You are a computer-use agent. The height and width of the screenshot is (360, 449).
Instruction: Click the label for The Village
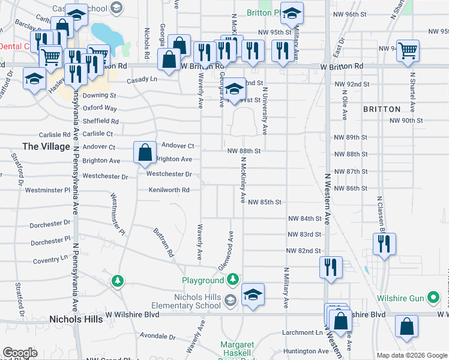tap(46, 146)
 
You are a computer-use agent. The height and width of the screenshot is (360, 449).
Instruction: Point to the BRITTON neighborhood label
tap(382, 109)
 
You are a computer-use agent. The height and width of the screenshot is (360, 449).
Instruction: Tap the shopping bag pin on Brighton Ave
tap(145, 154)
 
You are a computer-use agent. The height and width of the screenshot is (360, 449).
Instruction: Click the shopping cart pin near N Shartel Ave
tap(408, 51)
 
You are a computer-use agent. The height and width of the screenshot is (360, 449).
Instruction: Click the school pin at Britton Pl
tap(292, 13)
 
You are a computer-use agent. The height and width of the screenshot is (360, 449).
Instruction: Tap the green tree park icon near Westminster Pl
tap(118, 280)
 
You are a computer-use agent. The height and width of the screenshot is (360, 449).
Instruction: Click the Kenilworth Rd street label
tap(169, 190)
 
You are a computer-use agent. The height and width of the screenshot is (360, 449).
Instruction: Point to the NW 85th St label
tap(265, 203)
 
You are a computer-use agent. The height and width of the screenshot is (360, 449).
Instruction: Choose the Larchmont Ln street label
tap(302, 332)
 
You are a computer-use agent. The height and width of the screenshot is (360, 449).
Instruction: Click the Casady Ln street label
tap(142, 80)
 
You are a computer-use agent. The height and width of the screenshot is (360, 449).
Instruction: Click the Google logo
tap(20, 353)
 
